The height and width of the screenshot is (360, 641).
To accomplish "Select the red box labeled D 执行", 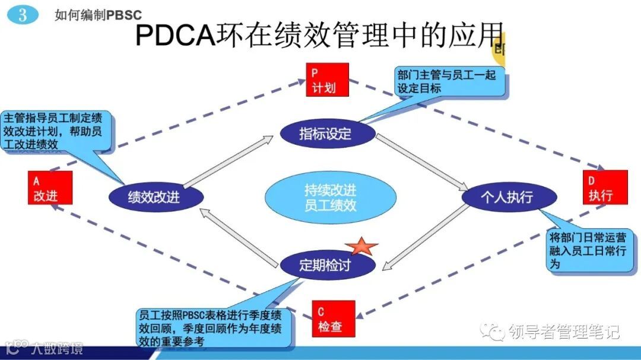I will point(605,187).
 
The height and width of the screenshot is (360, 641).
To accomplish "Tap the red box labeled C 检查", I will point(333,319).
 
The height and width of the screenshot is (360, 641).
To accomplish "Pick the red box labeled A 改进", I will point(50,187).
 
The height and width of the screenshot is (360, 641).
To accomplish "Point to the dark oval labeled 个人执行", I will point(509,196).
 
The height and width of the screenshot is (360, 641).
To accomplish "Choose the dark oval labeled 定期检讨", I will point(327,265).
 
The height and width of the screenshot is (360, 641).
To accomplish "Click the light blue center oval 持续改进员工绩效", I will point(330,197).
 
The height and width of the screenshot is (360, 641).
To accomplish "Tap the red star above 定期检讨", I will point(362,245).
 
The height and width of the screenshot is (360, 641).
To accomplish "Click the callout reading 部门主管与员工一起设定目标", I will point(450,82).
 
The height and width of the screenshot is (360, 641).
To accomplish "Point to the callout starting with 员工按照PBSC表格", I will point(214,327).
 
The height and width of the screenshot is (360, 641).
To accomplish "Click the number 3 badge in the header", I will point(23,15).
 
